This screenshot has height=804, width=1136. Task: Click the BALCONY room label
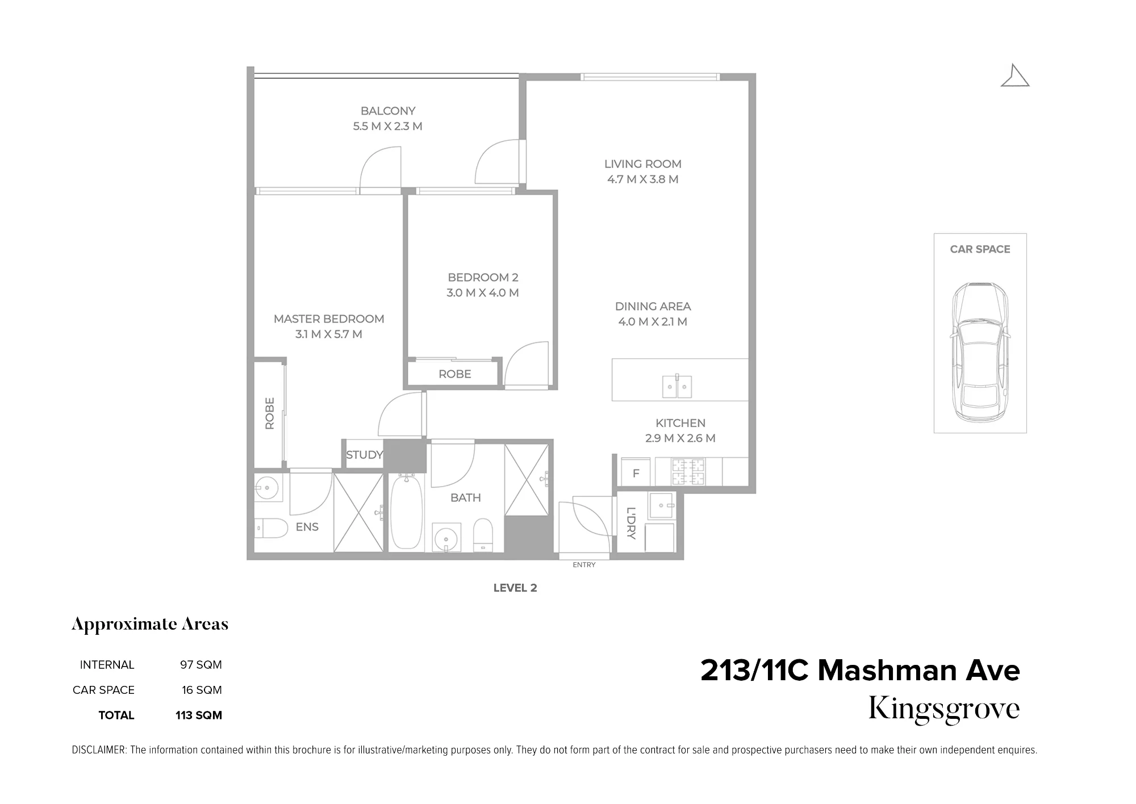388,111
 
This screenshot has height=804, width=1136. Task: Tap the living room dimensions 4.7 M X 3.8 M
643,179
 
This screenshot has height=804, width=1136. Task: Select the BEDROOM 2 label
483,278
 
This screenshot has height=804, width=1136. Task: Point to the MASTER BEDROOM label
329,319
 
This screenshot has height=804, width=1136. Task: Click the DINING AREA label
653,307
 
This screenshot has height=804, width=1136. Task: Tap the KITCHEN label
680,423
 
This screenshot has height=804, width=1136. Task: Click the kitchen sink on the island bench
677,386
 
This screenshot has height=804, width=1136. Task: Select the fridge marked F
636,472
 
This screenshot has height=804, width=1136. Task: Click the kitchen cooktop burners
688,472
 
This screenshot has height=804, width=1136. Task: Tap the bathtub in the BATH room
407,513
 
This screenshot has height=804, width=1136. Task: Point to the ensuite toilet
272,529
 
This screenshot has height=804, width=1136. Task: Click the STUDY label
365,455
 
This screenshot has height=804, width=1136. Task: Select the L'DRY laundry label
631,523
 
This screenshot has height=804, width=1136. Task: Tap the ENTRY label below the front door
584,565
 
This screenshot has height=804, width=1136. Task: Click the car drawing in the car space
980,352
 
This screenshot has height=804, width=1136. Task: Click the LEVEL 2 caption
515,588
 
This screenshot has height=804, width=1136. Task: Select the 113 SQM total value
199,715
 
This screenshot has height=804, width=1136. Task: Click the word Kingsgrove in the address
944,709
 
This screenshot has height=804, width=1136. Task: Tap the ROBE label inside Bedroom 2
455,374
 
